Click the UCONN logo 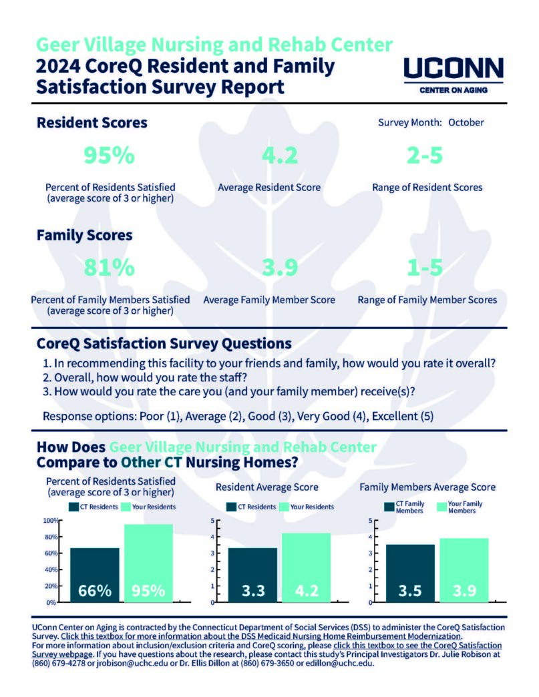[x=453, y=75]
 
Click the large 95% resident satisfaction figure [x=109, y=155]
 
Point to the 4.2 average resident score [x=280, y=155]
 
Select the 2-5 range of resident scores [x=425, y=155]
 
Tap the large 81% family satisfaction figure [x=109, y=268]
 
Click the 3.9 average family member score [x=280, y=268]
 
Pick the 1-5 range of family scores [x=425, y=268]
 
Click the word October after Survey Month [x=466, y=123]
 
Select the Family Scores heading [x=85, y=235]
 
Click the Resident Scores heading [x=92, y=123]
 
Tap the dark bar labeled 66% [x=95, y=575]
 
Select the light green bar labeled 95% [x=148, y=563]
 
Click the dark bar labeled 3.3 [x=252, y=575]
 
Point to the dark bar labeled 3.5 [x=410, y=573]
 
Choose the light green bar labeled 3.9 [x=464, y=570]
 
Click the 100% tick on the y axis [x=51, y=521]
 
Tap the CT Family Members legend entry [x=404, y=507]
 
